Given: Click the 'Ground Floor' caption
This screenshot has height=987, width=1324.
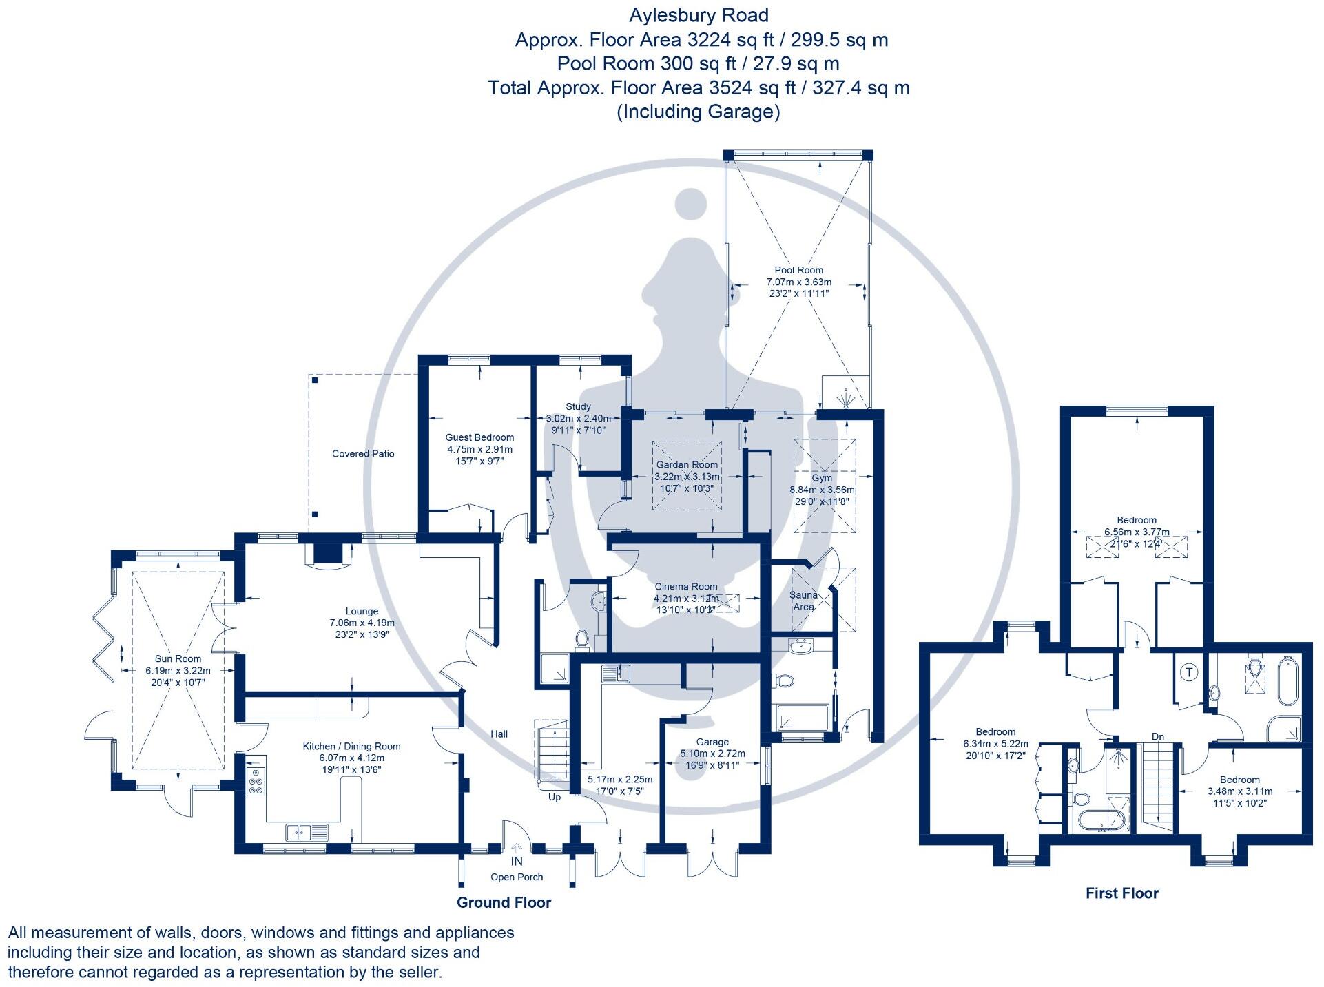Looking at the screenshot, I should coord(504,902).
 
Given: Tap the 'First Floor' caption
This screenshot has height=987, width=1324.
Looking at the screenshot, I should coord(1121,893).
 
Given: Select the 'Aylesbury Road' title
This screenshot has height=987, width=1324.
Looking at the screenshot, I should coord(699,15).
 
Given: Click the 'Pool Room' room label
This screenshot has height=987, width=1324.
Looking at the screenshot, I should coord(798,271).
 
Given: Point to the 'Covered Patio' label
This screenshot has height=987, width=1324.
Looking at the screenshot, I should coord(363,454).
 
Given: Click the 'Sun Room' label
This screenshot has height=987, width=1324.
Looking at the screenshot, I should coord(178,658).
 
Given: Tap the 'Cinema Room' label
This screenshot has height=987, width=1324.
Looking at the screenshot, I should coord(685,587).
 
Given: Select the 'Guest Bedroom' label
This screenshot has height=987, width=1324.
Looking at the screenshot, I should coord(479,437).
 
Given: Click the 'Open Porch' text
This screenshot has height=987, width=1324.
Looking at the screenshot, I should coord(517,877).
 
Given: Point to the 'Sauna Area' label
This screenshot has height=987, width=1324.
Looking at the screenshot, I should coord(803,601).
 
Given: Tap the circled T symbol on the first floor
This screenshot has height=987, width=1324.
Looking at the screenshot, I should coord(1190,672).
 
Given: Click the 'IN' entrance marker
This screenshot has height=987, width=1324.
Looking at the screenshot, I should coord(517,861).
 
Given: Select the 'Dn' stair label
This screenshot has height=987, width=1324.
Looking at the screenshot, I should coord(1158,736).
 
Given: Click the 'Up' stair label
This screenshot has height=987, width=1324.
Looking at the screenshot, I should coord(555,797).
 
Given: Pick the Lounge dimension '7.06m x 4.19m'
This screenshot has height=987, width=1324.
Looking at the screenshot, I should coord(362,623).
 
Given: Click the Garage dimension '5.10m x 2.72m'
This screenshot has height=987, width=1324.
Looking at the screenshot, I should coord(712,754).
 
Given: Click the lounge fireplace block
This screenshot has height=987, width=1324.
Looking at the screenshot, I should coord(327,553).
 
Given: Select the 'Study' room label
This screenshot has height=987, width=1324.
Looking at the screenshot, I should coord(578,407).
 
